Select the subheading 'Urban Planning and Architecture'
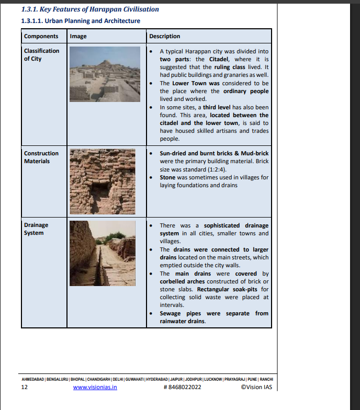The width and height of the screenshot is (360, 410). pos(81,21)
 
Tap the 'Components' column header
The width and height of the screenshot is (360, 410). pos(41,36)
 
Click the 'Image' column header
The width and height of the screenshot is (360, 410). pos(78,36)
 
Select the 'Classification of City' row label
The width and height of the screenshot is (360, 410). pos(41,55)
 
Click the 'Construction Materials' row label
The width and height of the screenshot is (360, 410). pos(41,157)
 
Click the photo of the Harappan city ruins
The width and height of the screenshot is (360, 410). pos(105,74)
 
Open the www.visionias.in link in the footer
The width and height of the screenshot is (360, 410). pos(95,388)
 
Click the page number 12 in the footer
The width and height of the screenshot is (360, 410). pos(24,388)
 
